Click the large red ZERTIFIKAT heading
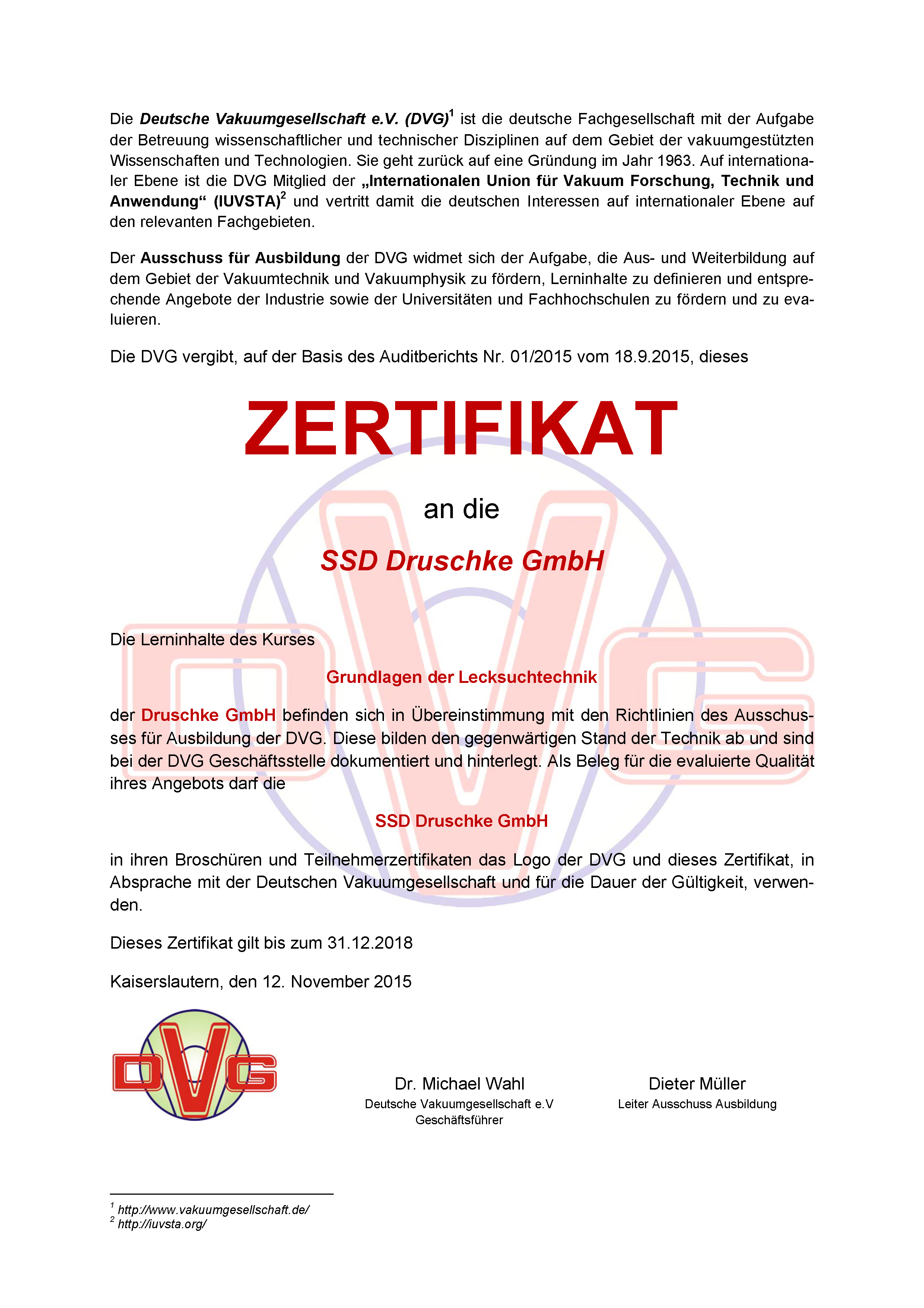[x=461, y=428]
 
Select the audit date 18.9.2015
[x=653, y=357]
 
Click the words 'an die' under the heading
[x=461, y=509]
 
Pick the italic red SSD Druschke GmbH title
[x=462, y=561]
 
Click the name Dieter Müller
[x=697, y=1084]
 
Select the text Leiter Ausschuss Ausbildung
[x=697, y=1104]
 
